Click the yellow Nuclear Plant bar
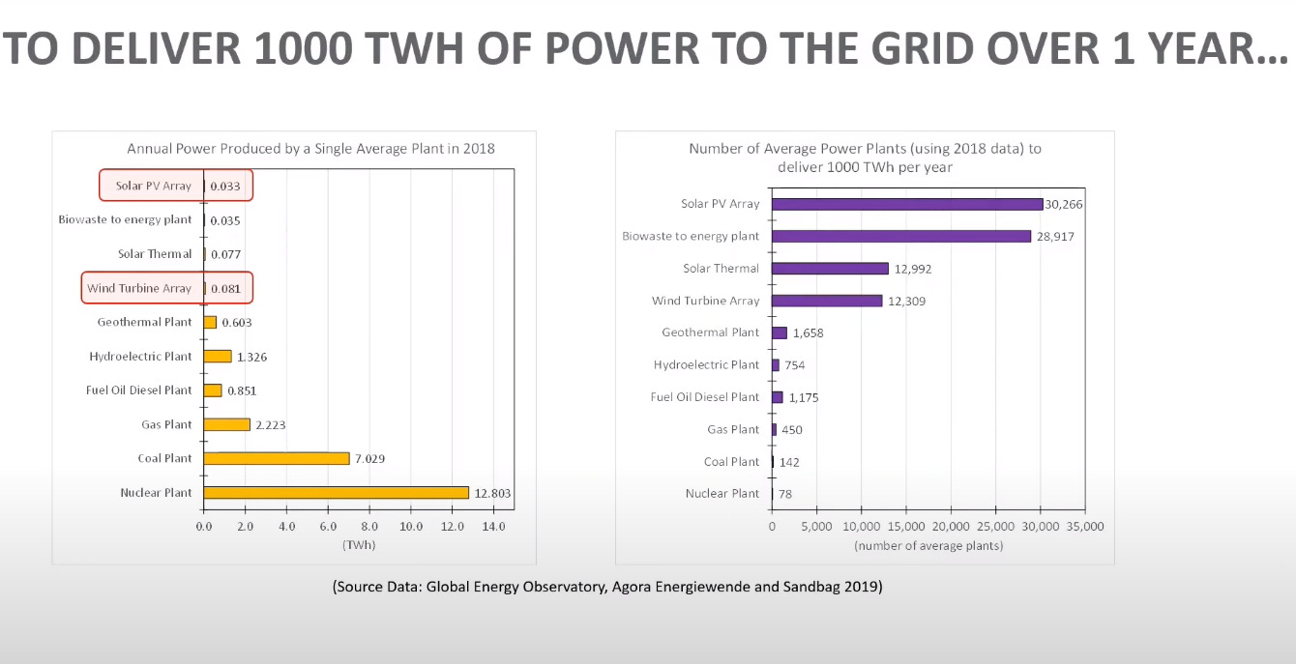pos(336,493)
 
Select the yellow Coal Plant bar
pos(277,458)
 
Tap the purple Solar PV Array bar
pos(907,204)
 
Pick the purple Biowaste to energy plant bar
pos(901,236)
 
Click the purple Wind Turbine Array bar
pos(827,301)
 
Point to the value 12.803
pos(492,493)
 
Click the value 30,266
pos(1064,204)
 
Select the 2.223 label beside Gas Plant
pos(270,424)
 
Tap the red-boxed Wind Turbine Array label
pos(139,288)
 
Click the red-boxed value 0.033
pos(225,186)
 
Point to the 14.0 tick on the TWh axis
pos(493,527)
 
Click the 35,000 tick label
pos(1084,527)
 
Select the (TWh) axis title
pos(358,545)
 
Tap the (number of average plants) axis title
pos(928,546)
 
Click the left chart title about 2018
pos(310,149)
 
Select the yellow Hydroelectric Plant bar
pos(218,357)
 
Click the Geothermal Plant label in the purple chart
pos(710,332)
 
